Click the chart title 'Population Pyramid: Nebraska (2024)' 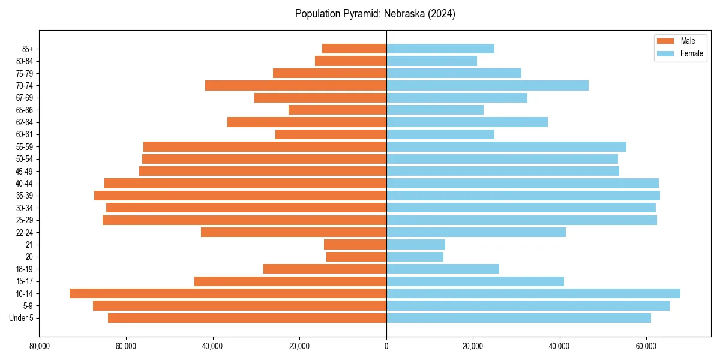coord(375,14)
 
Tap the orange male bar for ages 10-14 coord(228,293)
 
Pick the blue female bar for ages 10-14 coord(533,293)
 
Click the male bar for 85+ coord(354,49)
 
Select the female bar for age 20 coord(415,257)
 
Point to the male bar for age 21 coord(355,244)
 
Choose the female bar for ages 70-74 coord(487,85)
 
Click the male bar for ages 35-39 coord(240,196)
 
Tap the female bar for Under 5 coord(518,318)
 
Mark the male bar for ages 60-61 coord(331,134)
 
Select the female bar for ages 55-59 coord(506,146)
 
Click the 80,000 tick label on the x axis coord(40,346)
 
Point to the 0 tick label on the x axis coord(386,346)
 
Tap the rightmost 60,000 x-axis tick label coord(646,346)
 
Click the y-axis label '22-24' coord(25,232)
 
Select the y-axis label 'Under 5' coord(22,318)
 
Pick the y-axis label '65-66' coord(25,110)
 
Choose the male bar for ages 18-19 coord(325,269)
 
